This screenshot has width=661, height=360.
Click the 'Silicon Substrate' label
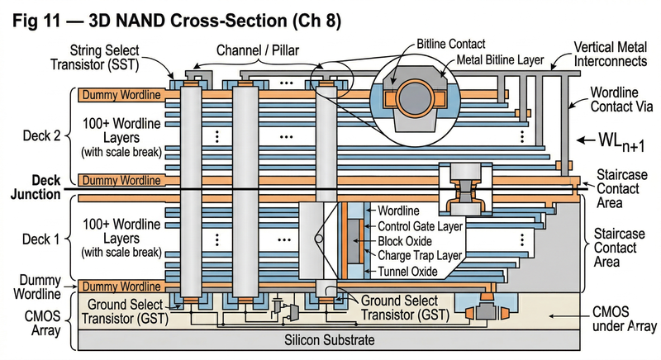coord(330,339)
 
